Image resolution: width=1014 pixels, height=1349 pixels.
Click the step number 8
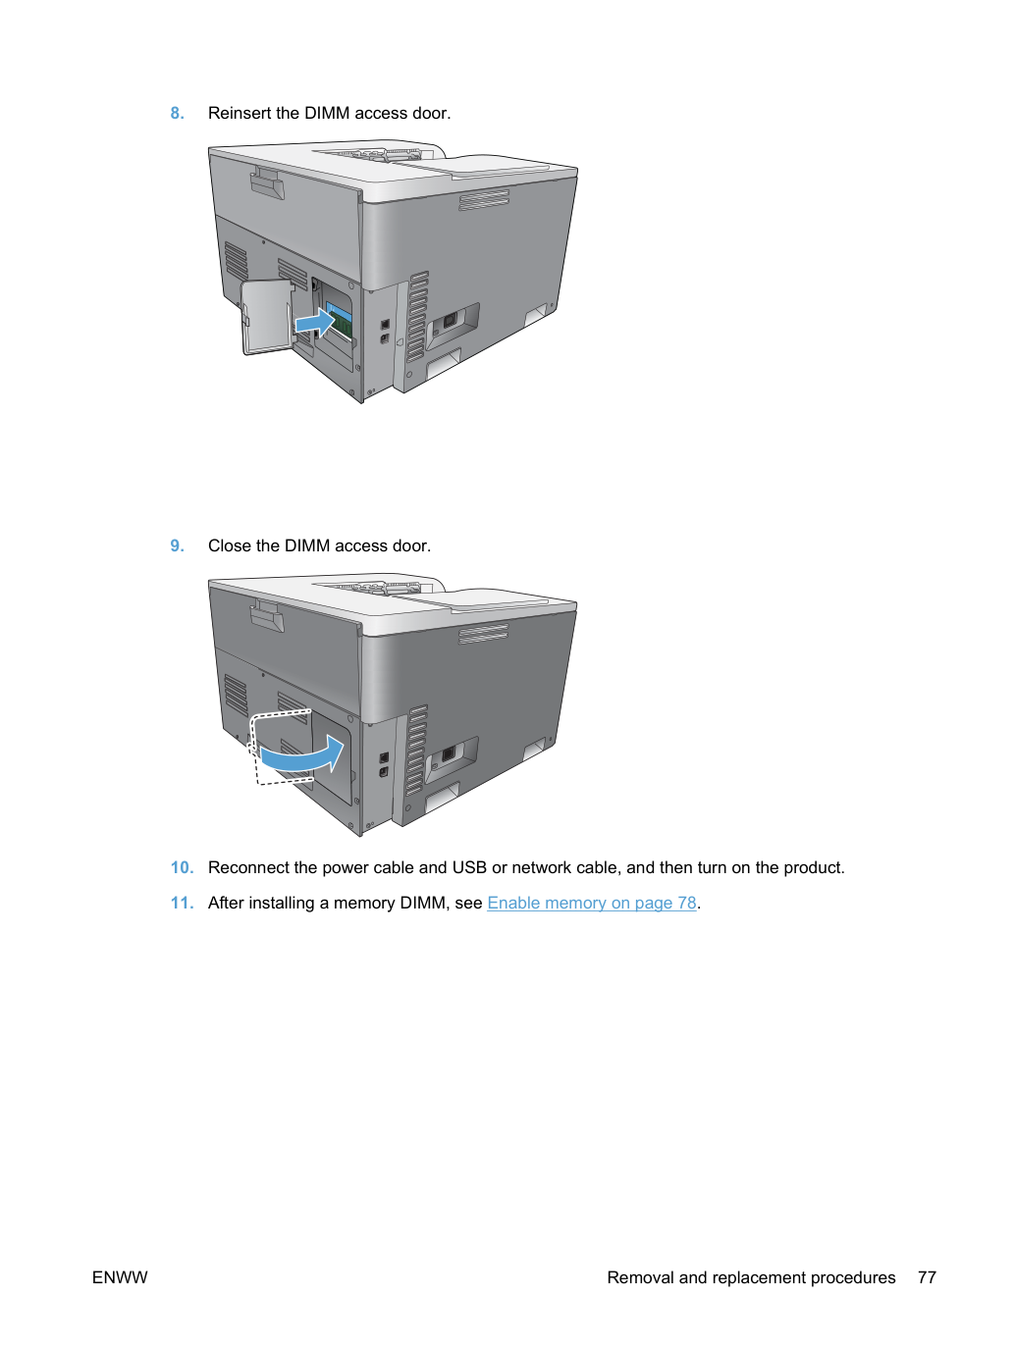pos(177,114)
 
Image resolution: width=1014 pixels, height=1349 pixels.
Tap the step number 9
pos(177,545)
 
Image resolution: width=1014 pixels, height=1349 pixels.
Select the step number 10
pos(182,868)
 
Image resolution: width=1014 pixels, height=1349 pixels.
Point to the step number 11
pos(182,903)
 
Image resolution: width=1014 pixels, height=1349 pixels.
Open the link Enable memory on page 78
pos(592,903)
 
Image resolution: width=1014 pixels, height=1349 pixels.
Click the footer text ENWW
pos(120,1277)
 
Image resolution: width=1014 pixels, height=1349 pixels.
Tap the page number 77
pos(927,1277)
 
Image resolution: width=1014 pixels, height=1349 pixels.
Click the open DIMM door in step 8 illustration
pos(266,317)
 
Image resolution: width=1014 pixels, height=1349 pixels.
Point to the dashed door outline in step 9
pos(280,747)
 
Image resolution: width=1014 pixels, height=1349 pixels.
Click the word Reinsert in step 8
pos(240,114)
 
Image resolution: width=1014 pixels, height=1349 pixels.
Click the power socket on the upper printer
pos(449,320)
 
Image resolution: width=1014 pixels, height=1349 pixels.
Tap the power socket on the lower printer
pos(449,753)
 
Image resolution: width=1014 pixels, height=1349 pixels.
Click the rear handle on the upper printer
pos(267,183)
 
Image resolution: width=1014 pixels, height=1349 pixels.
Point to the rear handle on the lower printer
pos(267,616)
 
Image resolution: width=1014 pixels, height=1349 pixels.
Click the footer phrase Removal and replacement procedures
pos(751,1277)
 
